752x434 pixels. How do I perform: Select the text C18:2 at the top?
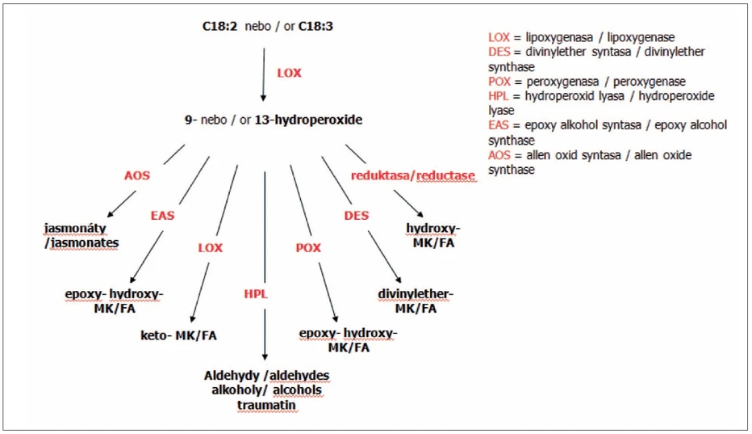(x=218, y=27)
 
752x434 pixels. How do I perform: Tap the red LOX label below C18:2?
(x=289, y=73)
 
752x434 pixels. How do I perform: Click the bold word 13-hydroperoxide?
(x=308, y=120)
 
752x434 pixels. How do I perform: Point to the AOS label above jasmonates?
(x=136, y=174)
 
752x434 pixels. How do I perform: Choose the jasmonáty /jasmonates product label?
(x=81, y=235)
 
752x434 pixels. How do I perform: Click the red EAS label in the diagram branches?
(x=162, y=216)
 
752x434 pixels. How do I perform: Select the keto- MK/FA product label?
(x=179, y=335)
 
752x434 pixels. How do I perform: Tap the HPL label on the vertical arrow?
(x=255, y=294)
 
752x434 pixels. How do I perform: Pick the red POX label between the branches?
(x=307, y=248)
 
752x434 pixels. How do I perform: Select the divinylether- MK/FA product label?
(x=416, y=301)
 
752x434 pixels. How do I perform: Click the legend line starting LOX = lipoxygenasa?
(x=582, y=37)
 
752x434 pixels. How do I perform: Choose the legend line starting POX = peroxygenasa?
(x=587, y=82)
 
